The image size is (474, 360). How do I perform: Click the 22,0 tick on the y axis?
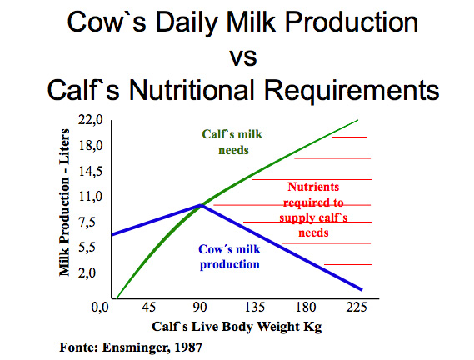point(91,121)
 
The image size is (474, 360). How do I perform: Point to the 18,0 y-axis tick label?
point(91,146)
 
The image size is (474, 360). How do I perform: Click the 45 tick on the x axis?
point(150,308)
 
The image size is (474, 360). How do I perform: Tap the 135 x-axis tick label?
point(254,308)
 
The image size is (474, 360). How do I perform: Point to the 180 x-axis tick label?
point(307,308)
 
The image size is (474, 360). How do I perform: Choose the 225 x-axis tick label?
point(358,308)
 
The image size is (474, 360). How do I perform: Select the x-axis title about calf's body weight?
point(237,326)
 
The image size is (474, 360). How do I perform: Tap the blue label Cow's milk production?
point(229,256)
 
